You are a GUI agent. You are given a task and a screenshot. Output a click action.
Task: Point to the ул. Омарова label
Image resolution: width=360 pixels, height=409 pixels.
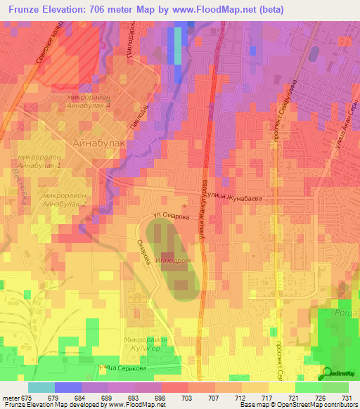pyautogui.click(x=170, y=217)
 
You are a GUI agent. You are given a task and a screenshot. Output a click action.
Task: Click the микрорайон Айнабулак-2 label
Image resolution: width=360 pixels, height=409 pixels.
pyautogui.click(x=65, y=199)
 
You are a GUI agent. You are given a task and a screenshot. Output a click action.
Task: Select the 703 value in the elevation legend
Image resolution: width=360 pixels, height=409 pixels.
pyautogui.click(x=186, y=398)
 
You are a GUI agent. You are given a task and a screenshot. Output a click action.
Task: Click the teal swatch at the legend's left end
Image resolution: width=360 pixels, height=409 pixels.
pyautogui.click(x=41, y=387)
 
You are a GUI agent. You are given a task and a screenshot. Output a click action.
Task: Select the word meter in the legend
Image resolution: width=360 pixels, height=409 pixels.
pyautogui.click(x=11, y=398)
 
